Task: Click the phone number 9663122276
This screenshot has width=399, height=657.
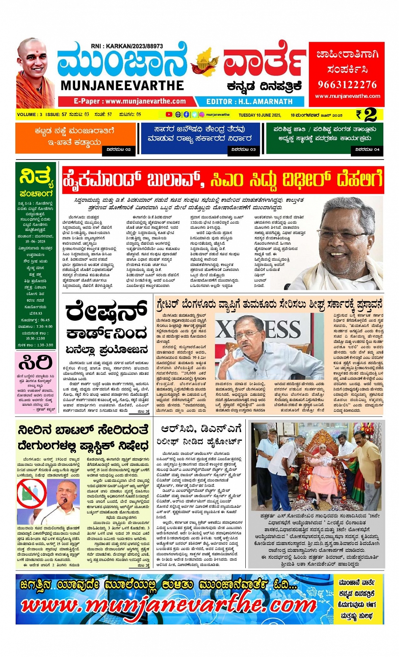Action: [347, 84]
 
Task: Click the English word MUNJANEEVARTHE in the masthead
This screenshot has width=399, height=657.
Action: [122, 86]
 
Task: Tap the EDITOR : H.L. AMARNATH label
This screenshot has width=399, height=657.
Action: [249, 102]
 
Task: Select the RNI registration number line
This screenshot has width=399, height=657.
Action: [127, 46]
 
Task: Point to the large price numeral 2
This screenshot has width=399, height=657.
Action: [370, 114]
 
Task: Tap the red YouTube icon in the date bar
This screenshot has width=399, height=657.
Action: [169, 114]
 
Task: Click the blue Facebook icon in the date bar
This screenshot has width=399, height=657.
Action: [186, 114]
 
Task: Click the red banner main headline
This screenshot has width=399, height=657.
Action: [223, 180]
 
